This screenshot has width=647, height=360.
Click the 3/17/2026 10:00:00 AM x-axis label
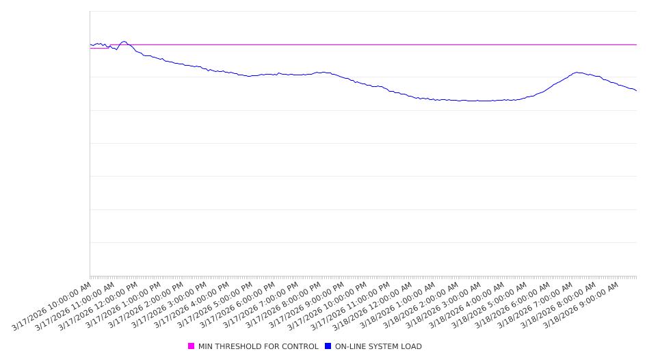52,305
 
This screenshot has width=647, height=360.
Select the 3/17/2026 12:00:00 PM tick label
98,305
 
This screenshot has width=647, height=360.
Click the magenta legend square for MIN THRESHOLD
192,346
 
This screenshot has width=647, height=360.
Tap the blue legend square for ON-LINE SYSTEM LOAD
328,346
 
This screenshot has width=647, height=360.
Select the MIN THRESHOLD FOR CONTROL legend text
258,346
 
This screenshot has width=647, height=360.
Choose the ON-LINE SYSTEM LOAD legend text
378,346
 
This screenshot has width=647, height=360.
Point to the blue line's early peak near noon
124,41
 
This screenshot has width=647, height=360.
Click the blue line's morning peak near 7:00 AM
578,72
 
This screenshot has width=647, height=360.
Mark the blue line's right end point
636,90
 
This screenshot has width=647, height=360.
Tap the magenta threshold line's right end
636,44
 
